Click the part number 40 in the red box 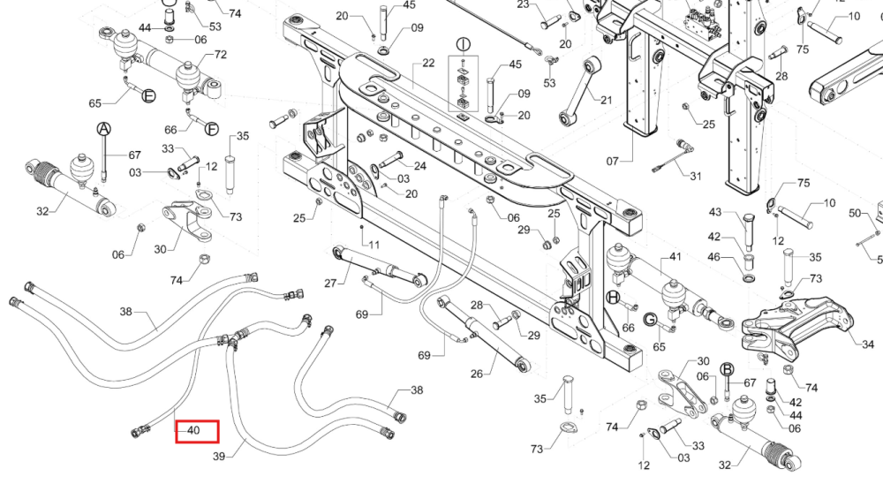(193, 430)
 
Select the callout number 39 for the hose (219, 457)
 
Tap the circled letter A (103, 129)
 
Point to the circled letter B (727, 369)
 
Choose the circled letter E (148, 95)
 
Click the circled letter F (211, 129)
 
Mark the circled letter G (650, 320)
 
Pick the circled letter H (614, 297)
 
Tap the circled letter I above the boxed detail (463, 44)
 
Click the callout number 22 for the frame (428, 63)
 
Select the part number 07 (613, 161)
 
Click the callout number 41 (675, 257)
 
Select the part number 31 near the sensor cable (696, 176)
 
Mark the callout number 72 (220, 54)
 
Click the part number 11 (374, 245)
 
